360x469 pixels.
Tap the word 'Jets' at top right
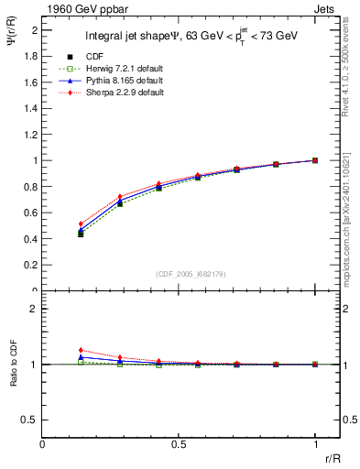326,8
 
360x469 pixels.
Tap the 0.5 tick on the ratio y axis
30,420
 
